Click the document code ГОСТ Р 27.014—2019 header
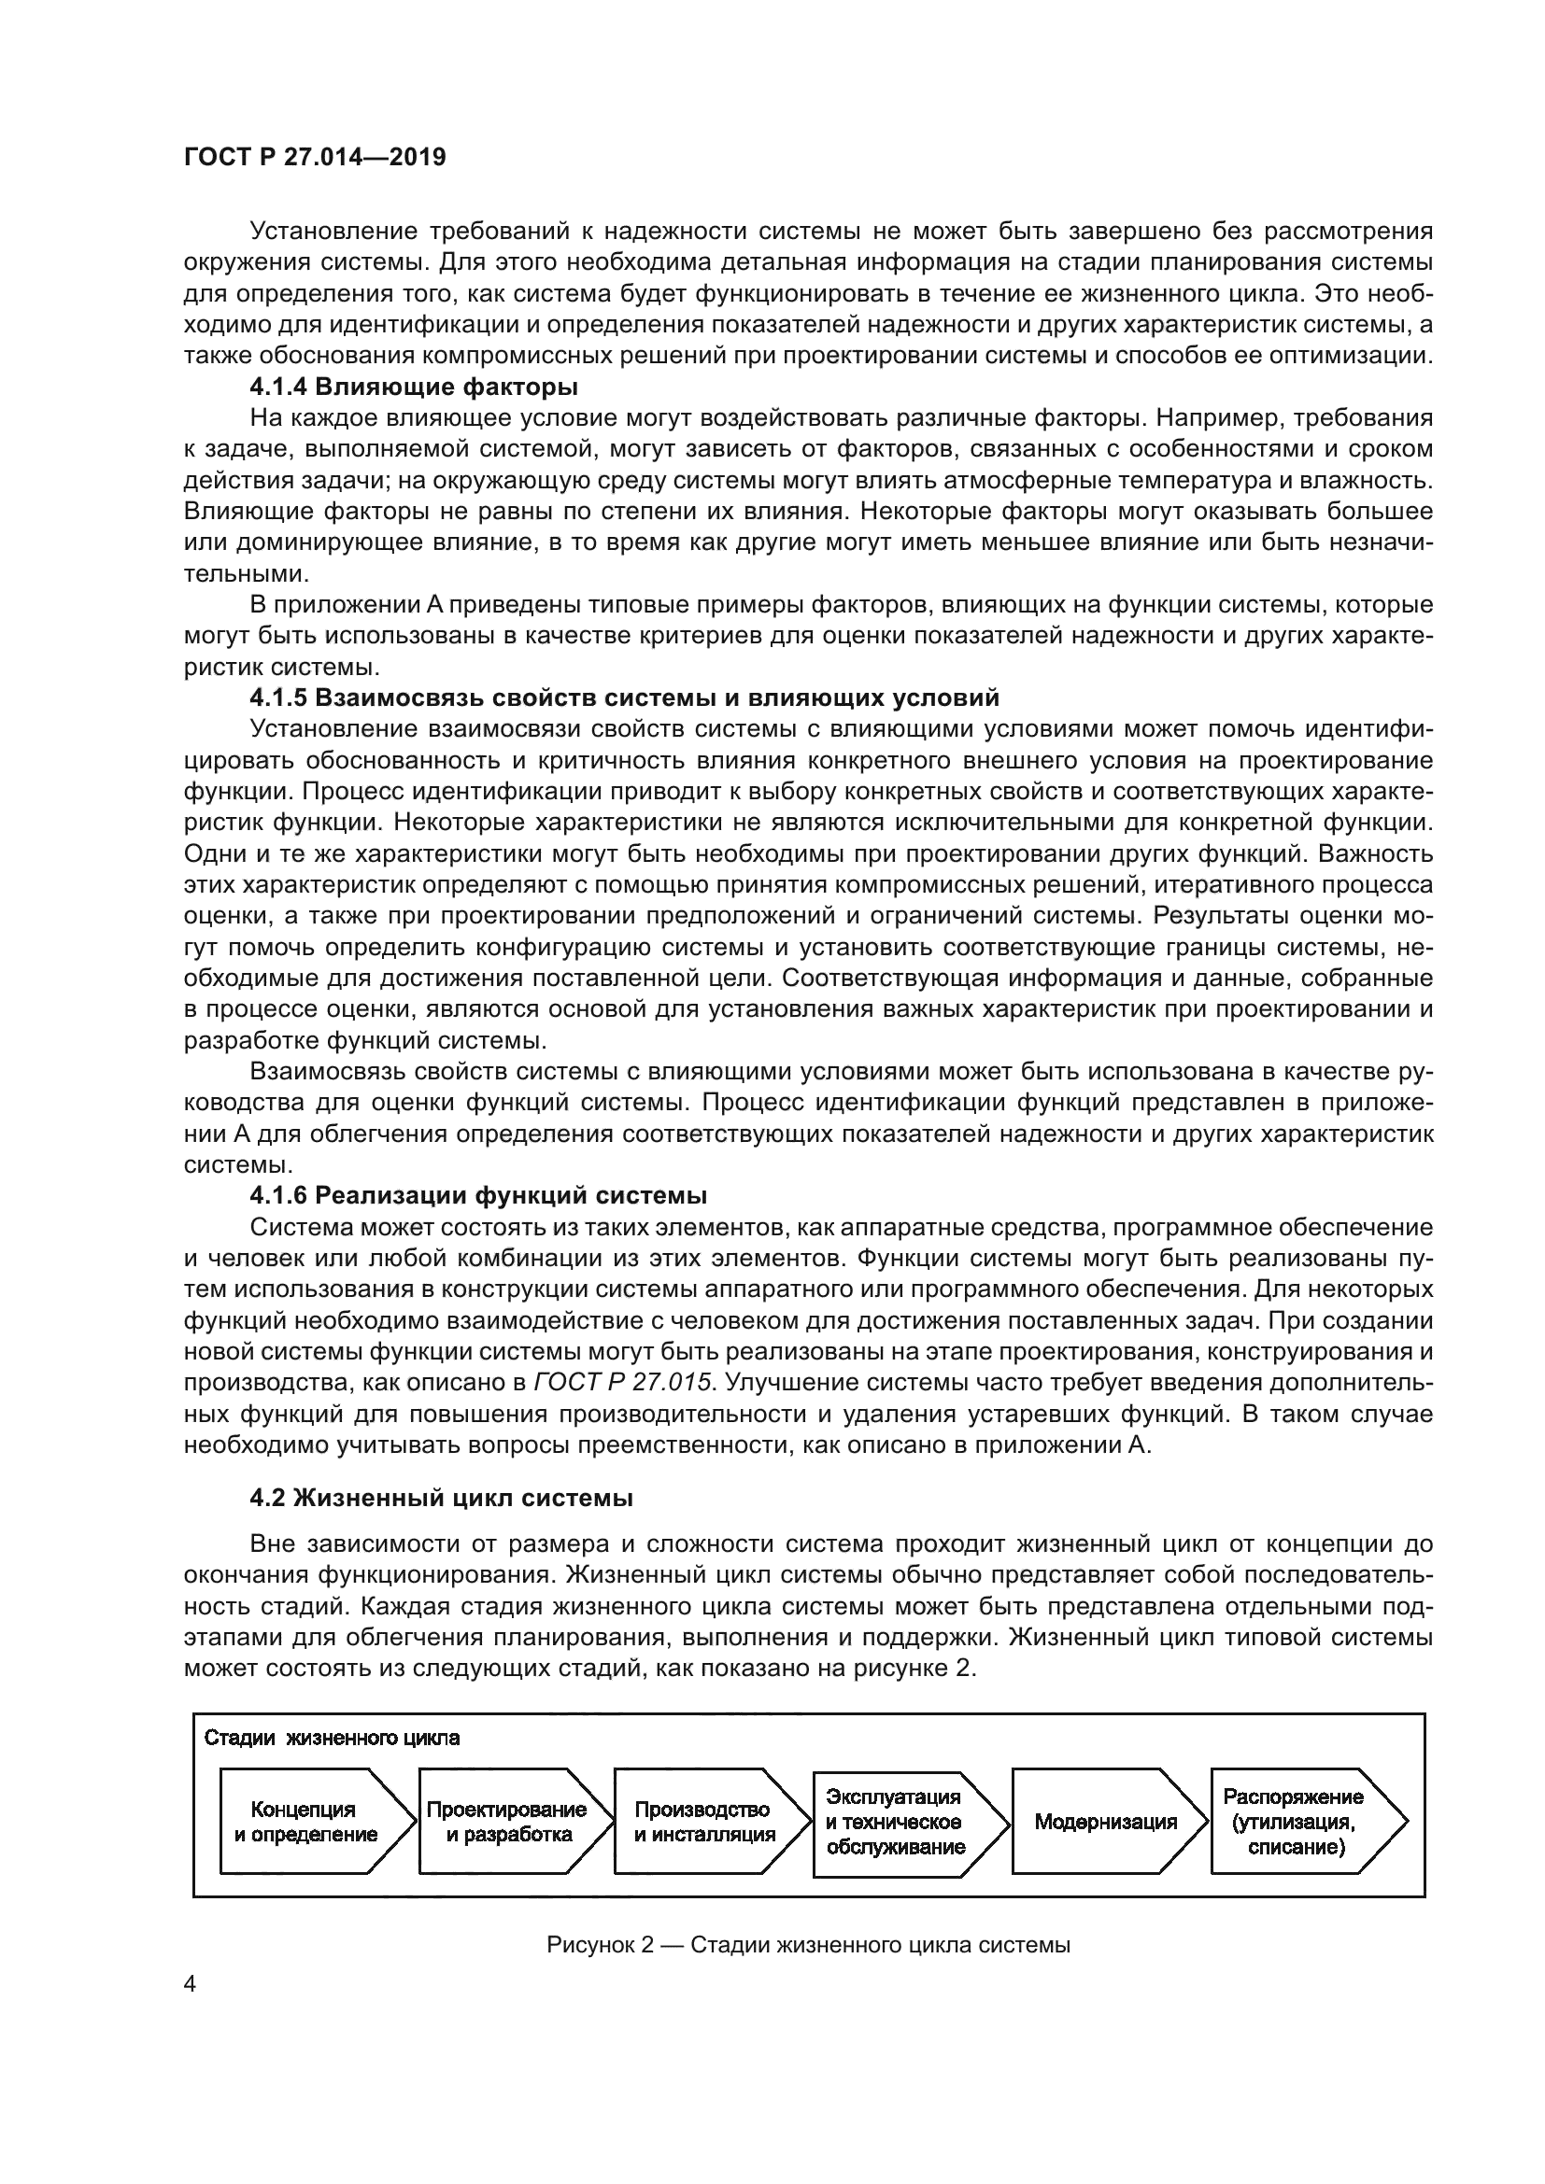pyautogui.click(x=315, y=158)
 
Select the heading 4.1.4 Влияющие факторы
pyautogui.click(x=414, y=387)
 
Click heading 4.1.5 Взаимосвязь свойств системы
pyautogui.click(x=624, y=698)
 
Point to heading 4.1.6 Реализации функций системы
pyautogui.click(x=478, y=1196)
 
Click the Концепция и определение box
pyautogui.click(x=306, y=1822)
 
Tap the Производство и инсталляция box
pyautogui.click(x=704, y=1822)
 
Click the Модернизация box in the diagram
pyautogui.click(x=1105, y=1822)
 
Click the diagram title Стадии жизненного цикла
pyautogui.click(x=332, y=1738)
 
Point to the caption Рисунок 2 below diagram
pyautogui.click(x=809, y=1944)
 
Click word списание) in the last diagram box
pyautogui.click(x=1296, y=1847)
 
